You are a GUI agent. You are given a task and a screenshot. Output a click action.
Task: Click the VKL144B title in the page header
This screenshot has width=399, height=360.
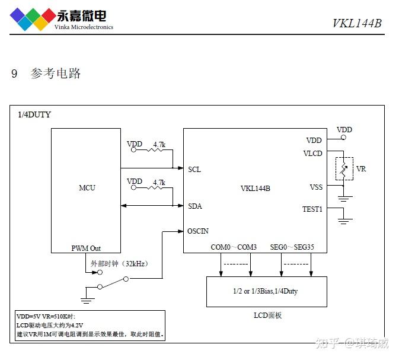356,23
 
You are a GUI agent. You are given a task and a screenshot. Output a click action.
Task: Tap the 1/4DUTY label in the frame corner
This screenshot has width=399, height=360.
34,114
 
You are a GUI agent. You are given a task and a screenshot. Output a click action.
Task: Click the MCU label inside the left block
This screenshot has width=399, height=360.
87,188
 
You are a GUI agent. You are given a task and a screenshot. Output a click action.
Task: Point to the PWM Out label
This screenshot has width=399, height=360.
87,248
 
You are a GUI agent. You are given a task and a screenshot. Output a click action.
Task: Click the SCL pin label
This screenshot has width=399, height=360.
194,170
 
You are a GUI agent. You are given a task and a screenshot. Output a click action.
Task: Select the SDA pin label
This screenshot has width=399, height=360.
195,206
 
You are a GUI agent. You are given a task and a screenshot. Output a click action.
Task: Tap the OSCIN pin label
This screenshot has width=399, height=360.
198,231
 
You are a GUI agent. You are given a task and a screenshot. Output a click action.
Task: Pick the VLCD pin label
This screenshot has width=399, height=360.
312,153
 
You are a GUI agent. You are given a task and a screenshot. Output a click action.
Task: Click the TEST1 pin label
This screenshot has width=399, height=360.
312,209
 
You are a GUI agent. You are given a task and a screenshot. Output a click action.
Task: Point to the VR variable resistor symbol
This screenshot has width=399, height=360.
344,169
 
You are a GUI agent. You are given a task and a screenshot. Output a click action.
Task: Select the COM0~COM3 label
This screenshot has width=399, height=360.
234,247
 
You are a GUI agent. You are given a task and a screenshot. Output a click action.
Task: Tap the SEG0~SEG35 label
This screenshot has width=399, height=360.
292,247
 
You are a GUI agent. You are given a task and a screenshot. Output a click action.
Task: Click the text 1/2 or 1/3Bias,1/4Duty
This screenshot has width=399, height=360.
266,292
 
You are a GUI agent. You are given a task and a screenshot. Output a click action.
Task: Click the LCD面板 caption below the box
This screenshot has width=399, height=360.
266,316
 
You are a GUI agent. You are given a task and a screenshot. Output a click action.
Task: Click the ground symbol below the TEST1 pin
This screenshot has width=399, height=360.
344,221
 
